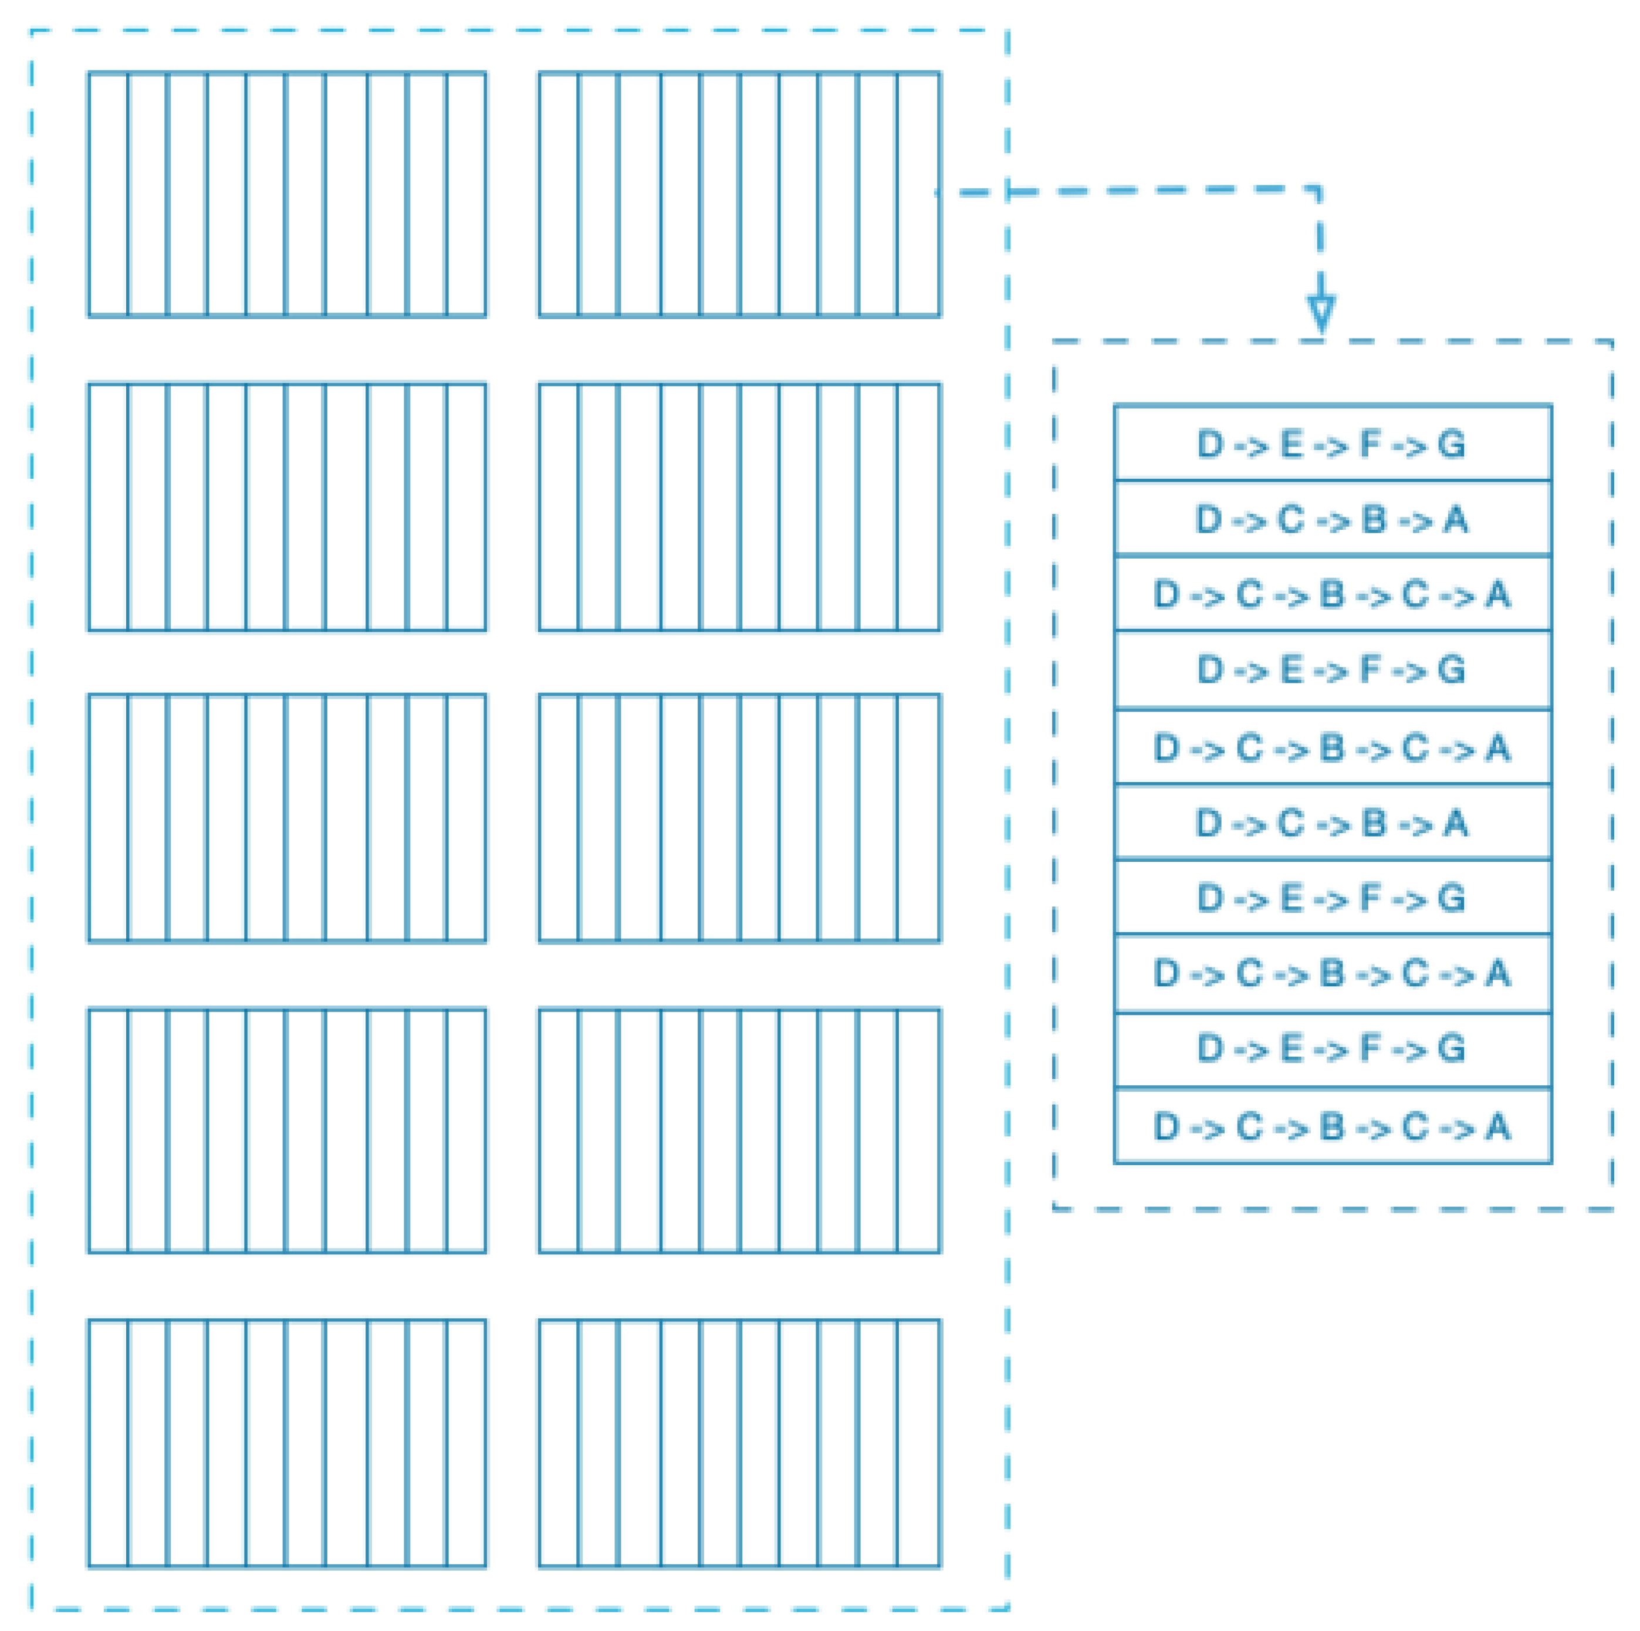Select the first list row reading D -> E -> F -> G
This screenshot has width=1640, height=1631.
1332,444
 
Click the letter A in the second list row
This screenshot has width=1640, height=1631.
1456,519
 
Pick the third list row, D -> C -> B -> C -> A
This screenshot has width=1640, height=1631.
1332,594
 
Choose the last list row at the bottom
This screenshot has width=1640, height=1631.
1332,1126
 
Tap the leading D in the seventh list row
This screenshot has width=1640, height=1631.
1210,897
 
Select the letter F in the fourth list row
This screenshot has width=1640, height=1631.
1370,669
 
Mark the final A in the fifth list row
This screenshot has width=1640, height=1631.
1497,747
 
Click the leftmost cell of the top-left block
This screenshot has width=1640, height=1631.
109,194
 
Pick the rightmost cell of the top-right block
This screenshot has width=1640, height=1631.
918,194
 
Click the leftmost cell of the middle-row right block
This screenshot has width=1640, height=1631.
559,818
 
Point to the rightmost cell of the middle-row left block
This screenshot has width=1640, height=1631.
466,818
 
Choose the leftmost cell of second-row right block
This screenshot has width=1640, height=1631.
559,507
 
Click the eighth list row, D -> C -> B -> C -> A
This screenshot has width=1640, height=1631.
1332,973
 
